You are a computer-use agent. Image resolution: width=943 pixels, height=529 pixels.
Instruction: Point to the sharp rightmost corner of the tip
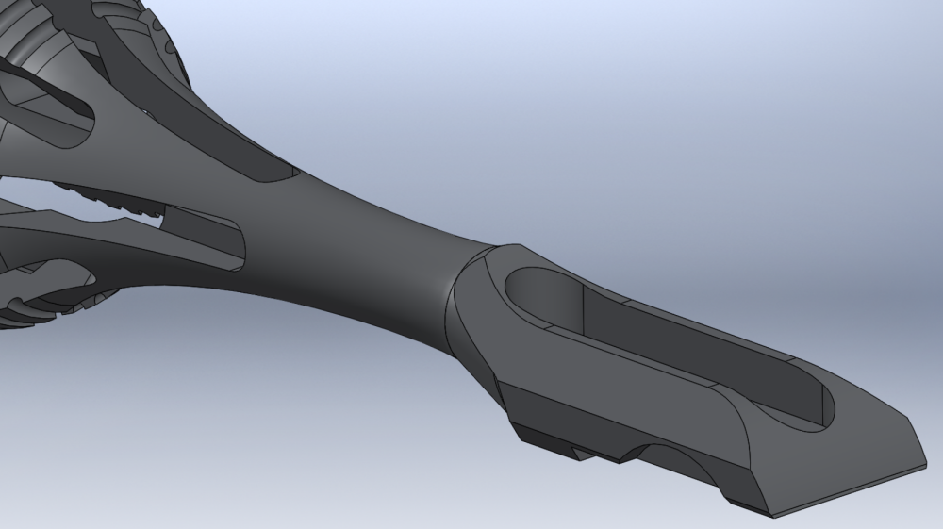[x=927, y=463]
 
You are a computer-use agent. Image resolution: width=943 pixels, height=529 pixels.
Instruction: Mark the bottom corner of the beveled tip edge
[x=772, y=517]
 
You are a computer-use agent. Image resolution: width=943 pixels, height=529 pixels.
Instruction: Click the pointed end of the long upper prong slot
[x=283, y=174]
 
